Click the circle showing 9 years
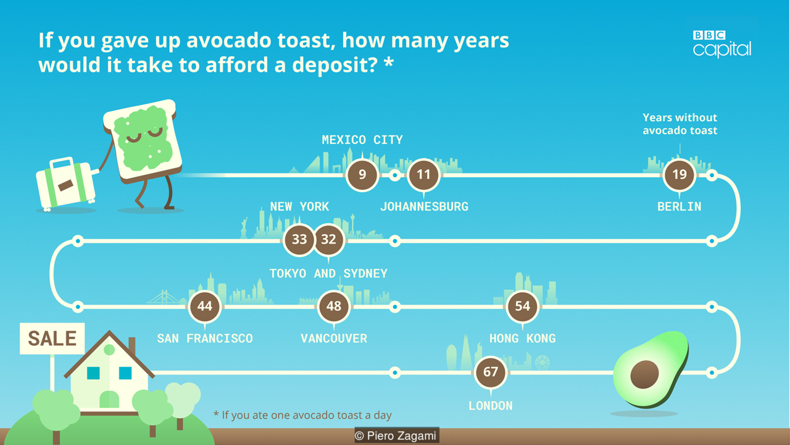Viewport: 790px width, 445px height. point(362,175)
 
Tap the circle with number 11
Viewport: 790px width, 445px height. point(423,175)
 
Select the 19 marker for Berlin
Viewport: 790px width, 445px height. point(680,175)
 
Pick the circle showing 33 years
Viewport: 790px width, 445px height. point(299,240)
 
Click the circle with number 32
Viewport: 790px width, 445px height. point(329,240)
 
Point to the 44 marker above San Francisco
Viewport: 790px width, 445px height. point(205,306)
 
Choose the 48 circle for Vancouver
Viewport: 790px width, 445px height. point(334,306)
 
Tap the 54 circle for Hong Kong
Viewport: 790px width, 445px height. point(523,306)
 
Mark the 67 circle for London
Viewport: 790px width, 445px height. point(491,372)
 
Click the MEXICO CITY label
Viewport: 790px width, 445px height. point(362,140)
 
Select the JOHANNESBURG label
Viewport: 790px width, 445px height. point(424,206)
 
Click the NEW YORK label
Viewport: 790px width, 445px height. point(299,206)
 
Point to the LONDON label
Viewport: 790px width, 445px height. point(491,406)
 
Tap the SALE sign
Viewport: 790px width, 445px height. point(52,338)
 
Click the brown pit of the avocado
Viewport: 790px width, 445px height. point(644,375)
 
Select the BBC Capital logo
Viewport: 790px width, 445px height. point(722,44)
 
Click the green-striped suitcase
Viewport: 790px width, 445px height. point(66,183)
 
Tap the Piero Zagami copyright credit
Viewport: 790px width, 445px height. point(397,436)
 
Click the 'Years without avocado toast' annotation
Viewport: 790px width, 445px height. point(680,124)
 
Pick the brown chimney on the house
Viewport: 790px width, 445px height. point(132,346)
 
